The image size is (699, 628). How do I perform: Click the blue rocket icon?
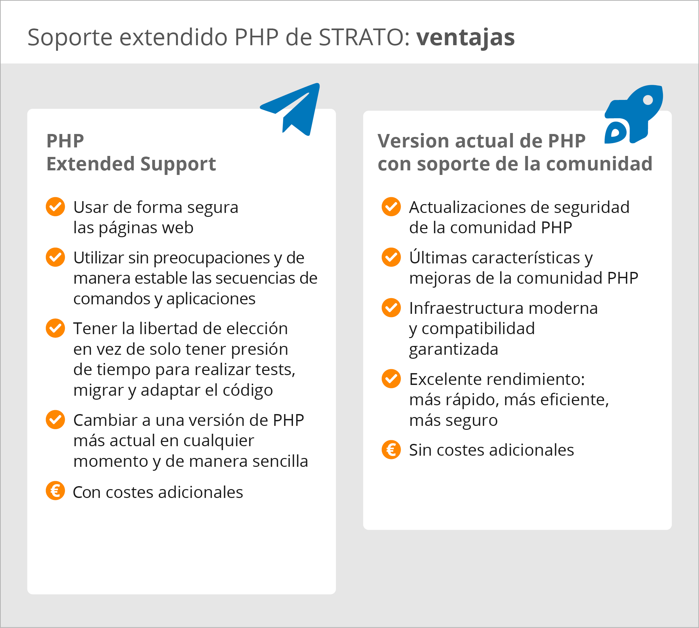tap(634, 114)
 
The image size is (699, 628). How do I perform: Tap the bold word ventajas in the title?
tap(465, 37)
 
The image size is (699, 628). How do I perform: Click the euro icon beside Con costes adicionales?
tap(55, 490)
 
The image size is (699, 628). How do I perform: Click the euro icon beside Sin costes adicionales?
tap(391, 449)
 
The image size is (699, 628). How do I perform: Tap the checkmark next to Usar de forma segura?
tap(55, 207)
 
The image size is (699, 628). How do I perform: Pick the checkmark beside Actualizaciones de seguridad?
tap(391, 207)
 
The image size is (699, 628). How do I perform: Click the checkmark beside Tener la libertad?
tap(55, 328)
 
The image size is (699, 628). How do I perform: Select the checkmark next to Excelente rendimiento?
tap(391, 378)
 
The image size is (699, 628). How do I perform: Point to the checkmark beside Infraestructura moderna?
tap(391, 307)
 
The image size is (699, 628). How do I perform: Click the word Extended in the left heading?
tap(90, 163)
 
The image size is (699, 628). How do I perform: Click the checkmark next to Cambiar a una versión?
tap(55, 419)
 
